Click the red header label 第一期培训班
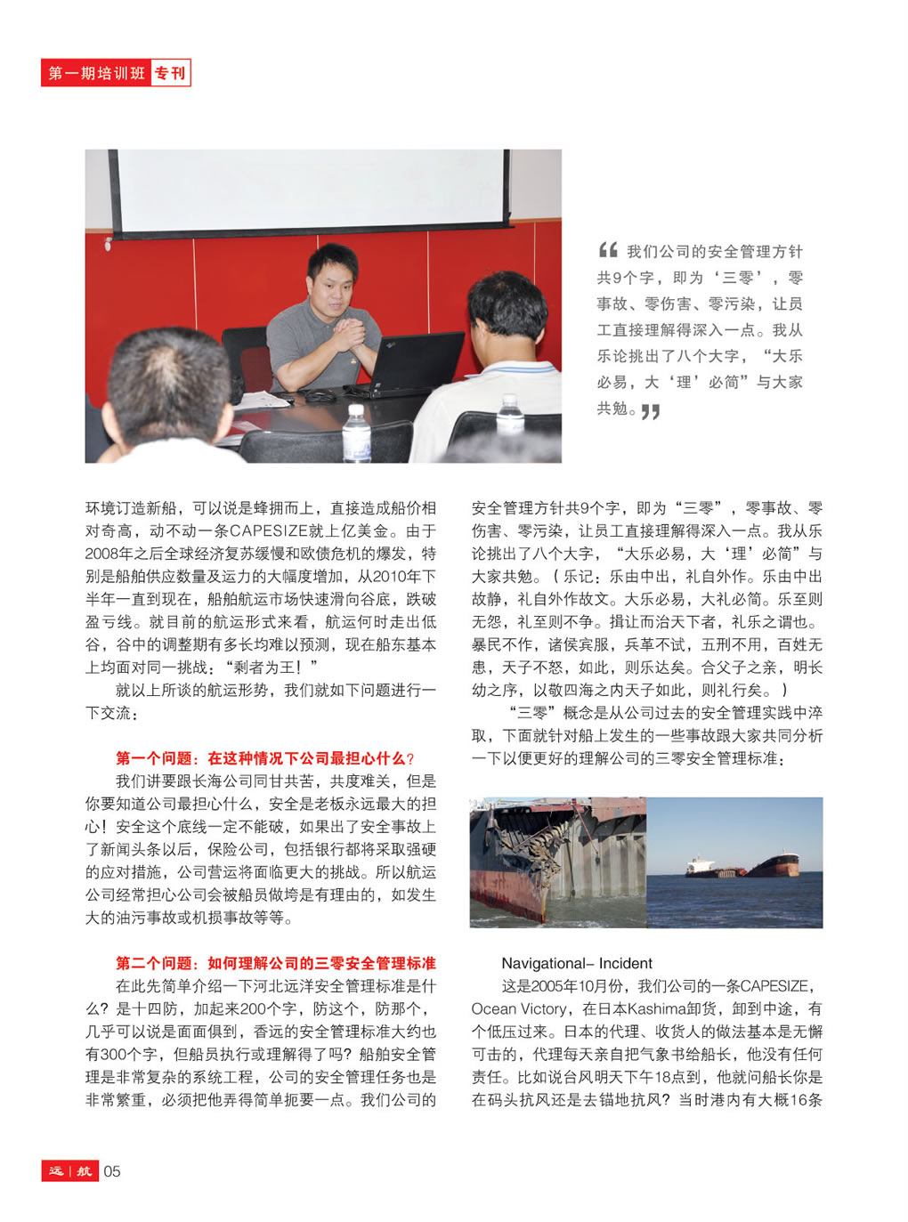coord(96,73)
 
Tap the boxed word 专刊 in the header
coord(170,73)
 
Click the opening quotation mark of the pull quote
coord(608,250)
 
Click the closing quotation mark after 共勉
coord(651,411)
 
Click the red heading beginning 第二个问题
coord(275,963)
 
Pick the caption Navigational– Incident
coord(576,963)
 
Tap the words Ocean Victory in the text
coord(519,1009)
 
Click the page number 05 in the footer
coord(112,1171)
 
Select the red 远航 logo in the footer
coord(69,1171)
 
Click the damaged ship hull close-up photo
coord(558,862)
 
